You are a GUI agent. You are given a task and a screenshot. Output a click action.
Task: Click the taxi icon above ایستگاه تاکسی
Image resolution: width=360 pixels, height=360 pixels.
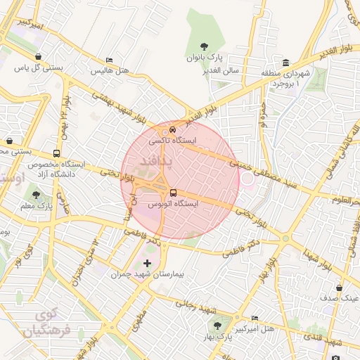tap(173, 130)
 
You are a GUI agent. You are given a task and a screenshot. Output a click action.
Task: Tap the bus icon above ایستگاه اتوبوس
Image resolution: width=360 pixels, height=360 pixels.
tap(172, 193)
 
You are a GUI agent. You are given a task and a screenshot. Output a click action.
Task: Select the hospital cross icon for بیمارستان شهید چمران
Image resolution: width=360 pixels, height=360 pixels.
tap(147, 263)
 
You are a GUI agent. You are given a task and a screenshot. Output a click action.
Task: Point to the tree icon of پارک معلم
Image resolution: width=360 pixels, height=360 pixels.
tap(36, 195)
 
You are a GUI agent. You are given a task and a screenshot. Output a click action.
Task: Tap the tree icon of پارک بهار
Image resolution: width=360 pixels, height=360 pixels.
tap(217, 326)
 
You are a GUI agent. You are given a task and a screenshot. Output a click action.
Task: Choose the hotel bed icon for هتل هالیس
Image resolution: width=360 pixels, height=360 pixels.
tap(108, 61)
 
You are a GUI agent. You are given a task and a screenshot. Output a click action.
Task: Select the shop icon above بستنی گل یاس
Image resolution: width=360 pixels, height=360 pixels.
tap(36, 57)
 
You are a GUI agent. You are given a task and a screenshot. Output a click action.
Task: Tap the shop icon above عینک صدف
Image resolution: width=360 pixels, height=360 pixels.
tap(340, 288)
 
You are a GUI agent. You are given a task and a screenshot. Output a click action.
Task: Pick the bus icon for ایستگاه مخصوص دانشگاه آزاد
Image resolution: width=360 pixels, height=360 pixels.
tap(56, 153)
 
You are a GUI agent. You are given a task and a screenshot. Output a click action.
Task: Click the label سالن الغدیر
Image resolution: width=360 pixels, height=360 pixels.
tap(223, 70)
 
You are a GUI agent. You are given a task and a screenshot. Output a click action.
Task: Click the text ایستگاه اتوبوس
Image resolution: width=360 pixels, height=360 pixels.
tap(172, 203)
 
